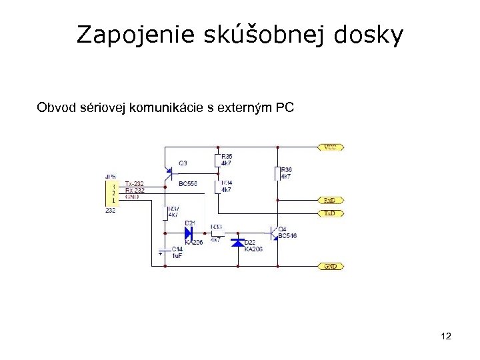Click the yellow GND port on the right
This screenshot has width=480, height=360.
[x=331, y=266]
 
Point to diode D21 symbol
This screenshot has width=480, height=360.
[x=189, y=233]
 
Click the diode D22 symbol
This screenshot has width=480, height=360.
[x=237, y=242]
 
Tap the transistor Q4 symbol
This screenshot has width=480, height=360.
[x=273, y=231]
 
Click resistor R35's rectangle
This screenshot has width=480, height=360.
[x=217, y=160]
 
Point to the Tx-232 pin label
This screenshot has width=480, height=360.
[x=133, y=183]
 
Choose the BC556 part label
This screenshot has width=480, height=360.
[x=187, y=183]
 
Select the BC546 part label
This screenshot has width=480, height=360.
[x=288, y=235]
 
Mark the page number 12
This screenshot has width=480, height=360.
[x=446, y=337]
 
